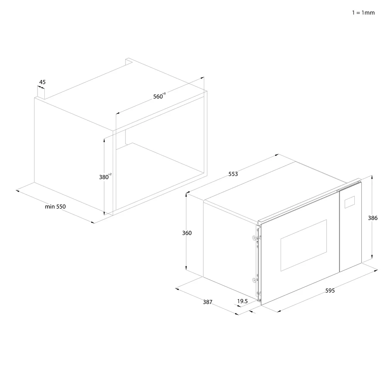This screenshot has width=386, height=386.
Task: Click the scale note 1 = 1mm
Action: click(363, 13)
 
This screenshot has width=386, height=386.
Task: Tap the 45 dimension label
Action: click(42, 82)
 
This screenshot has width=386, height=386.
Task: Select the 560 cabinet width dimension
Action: click(158, 96)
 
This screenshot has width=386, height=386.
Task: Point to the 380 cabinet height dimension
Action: click(103, 177)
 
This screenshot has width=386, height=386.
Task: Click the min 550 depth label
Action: click(55, 207)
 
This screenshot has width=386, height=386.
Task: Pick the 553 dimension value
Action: click(233, 174)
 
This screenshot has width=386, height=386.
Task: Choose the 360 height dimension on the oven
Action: click(187, 233)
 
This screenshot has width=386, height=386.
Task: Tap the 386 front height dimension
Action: click(373, 218)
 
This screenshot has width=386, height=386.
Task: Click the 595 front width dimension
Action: click(330, 291)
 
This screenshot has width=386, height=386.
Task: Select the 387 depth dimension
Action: click(208, 302)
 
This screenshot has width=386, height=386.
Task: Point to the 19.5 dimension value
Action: click(242, 301)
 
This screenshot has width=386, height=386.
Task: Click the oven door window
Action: click(303, 245)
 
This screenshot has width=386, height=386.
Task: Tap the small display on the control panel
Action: click(350, 202)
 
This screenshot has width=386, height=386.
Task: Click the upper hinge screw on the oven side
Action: click(254, 238)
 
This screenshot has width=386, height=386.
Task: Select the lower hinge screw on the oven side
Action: click(254, 279)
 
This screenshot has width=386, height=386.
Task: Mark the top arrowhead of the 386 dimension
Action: click(372, 177)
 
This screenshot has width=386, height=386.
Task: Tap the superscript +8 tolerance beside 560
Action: click(164, 93)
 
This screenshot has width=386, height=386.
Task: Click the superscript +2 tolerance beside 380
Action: click(110, 174)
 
